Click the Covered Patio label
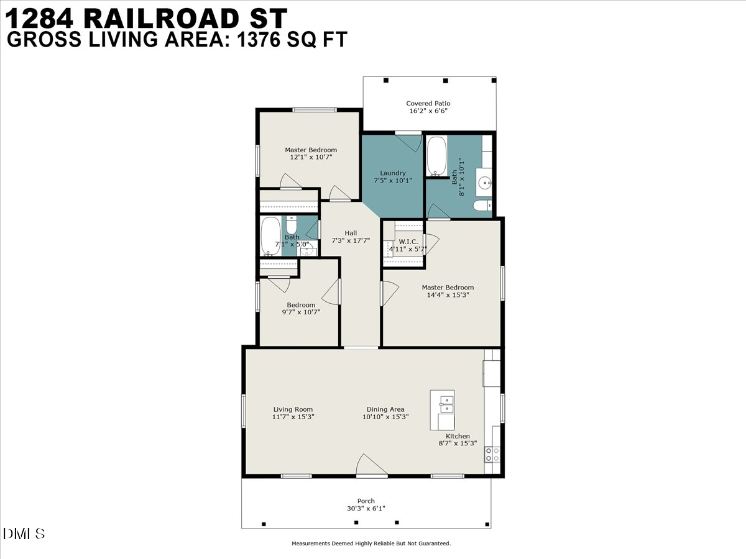pyautogui.click(x=428, y=104)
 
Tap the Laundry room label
pyautogui.click(x=393, y=173)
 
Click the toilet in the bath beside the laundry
pyautogui.click(x=482, y=206)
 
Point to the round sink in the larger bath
pyautogui.click(x=486, y=183)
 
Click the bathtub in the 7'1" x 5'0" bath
pyautogui.click(x=270, y=236)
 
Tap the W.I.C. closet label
pyautogui.click(x=408, y=242)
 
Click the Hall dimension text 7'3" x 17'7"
pyautogui.click(x=351, y=240)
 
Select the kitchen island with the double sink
pyautogui.click(x=443, y=410)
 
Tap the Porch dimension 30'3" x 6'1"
pyautogui.click(x=366, y=509)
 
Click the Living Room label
pyautogui.click(x=293, y=409)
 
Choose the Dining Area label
pyautogui.click(x=385, y=409)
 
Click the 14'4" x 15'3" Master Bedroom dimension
pyautogui.click(x=448, y=295)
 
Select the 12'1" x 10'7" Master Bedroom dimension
pyautogui.click(x=311, y=158)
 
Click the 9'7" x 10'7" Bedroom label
pyautogui.click(x=301, y=305)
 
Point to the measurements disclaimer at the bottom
pyautogui.click(x=371, y=543)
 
